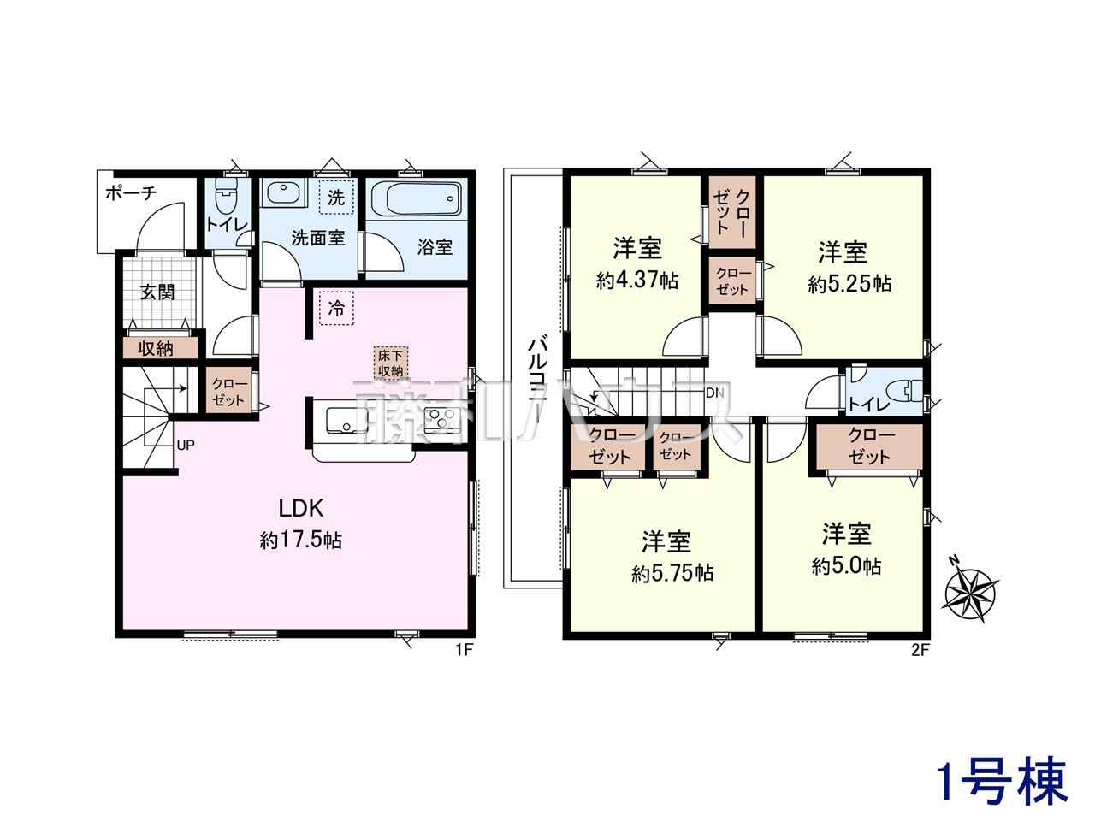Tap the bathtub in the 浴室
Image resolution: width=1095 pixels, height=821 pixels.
pyautogui.click(x=416, y=198)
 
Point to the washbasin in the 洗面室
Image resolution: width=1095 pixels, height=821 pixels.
pyautogui.click(x=283, y=193)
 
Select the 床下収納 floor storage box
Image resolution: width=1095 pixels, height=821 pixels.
pyautogui.click(x=391, y=363)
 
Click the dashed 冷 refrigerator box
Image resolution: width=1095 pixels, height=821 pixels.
pyautogui.click(x=336, y=309)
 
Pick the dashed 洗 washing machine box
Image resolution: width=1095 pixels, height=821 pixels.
pyautogui.click(x=336, y=197)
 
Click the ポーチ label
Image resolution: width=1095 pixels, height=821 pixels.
pyautogui.click(x=131, y=192)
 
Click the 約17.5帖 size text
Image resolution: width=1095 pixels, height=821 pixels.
pyautogui.click(x=300, y=540)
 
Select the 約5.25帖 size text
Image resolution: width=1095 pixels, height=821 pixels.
pyautogui.click(x=849, y=284)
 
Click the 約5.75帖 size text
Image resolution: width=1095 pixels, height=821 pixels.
pyautogui.click(x=672, y=573)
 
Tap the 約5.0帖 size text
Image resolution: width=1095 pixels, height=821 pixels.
pyautogui.click(x=846, y=566)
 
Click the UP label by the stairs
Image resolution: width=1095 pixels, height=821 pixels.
pyautogui.click(x=186, y=446)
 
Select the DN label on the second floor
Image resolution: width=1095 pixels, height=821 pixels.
pyautogui.click(x=715, y=393)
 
